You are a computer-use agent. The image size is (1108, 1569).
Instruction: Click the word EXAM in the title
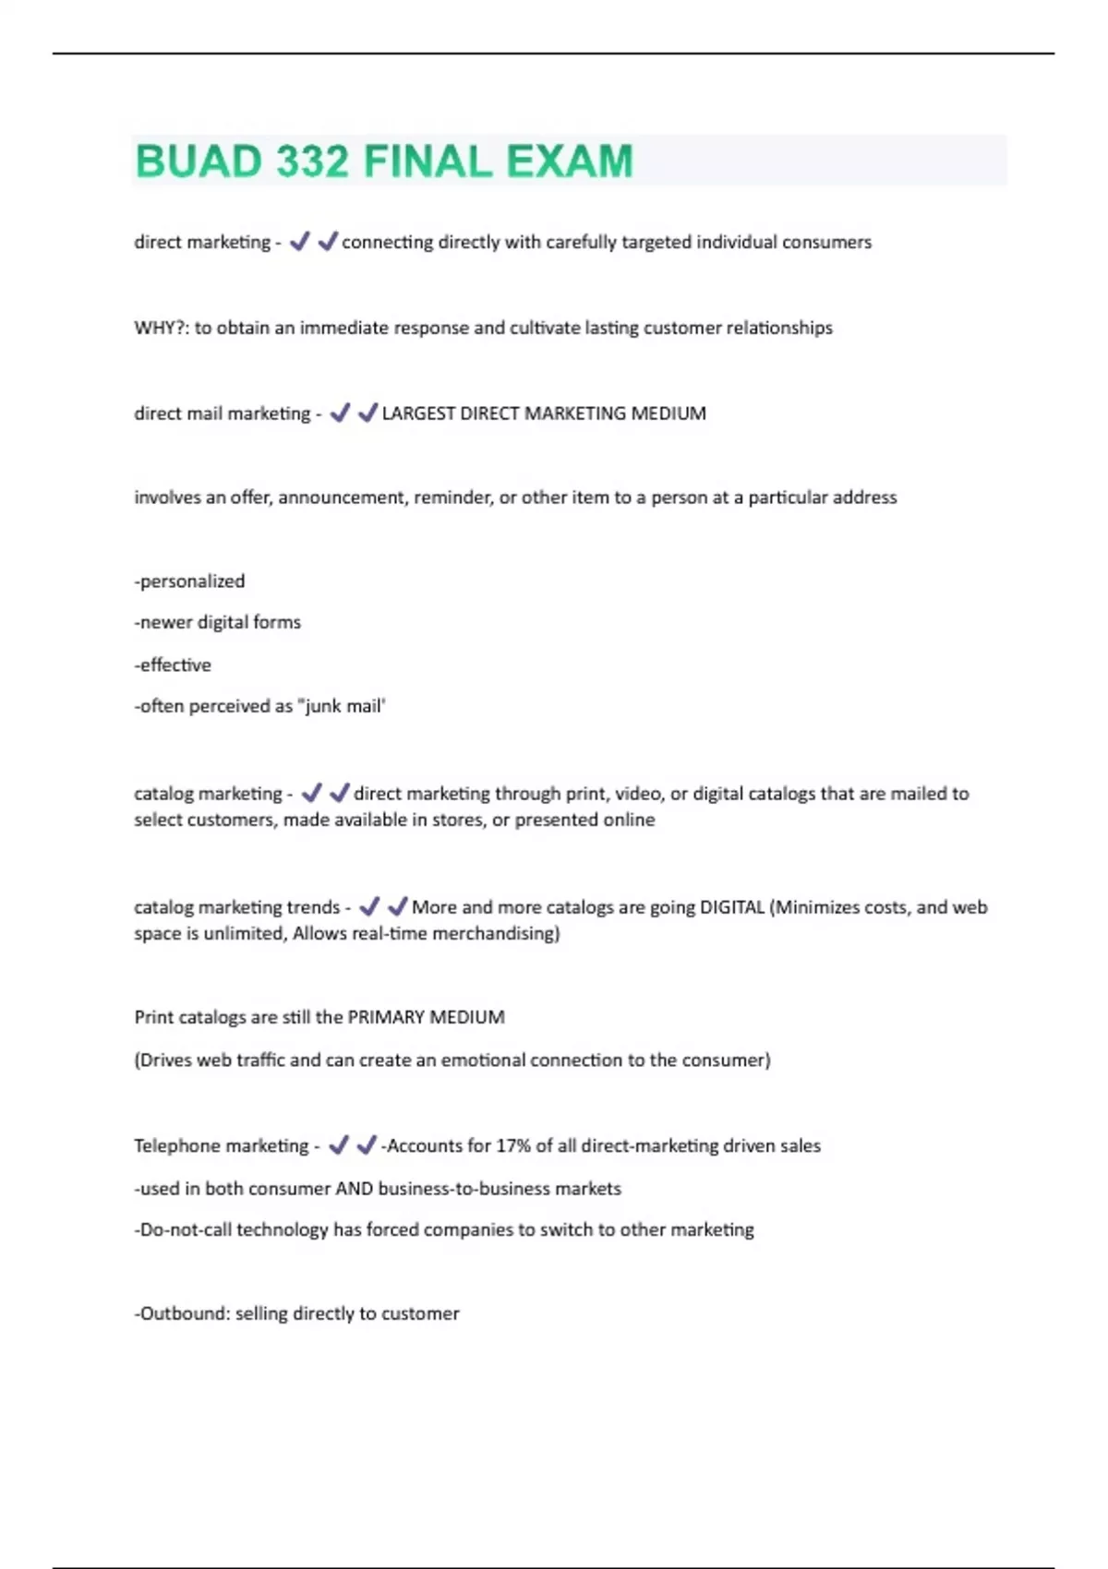tap(569, 162)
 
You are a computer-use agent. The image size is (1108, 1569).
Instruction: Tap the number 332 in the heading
tap(312, 162)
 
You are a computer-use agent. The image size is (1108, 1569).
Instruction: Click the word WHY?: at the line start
tap(162, 328)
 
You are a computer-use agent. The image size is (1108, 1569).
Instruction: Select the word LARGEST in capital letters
tap(417, 413)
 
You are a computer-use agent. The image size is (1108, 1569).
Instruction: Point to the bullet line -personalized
tap(190, 581)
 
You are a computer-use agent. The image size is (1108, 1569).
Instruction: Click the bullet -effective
tap(173, 665)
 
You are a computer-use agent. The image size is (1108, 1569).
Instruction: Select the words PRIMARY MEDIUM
tap(426, 1017)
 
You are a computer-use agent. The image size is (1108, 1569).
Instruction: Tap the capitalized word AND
tap(354, 1189)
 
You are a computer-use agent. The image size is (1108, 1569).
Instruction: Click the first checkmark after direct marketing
tap(299, 242)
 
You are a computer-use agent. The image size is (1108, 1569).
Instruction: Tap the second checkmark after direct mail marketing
tap(367, 413)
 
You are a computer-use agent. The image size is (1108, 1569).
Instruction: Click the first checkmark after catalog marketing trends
tap(369, 906)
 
